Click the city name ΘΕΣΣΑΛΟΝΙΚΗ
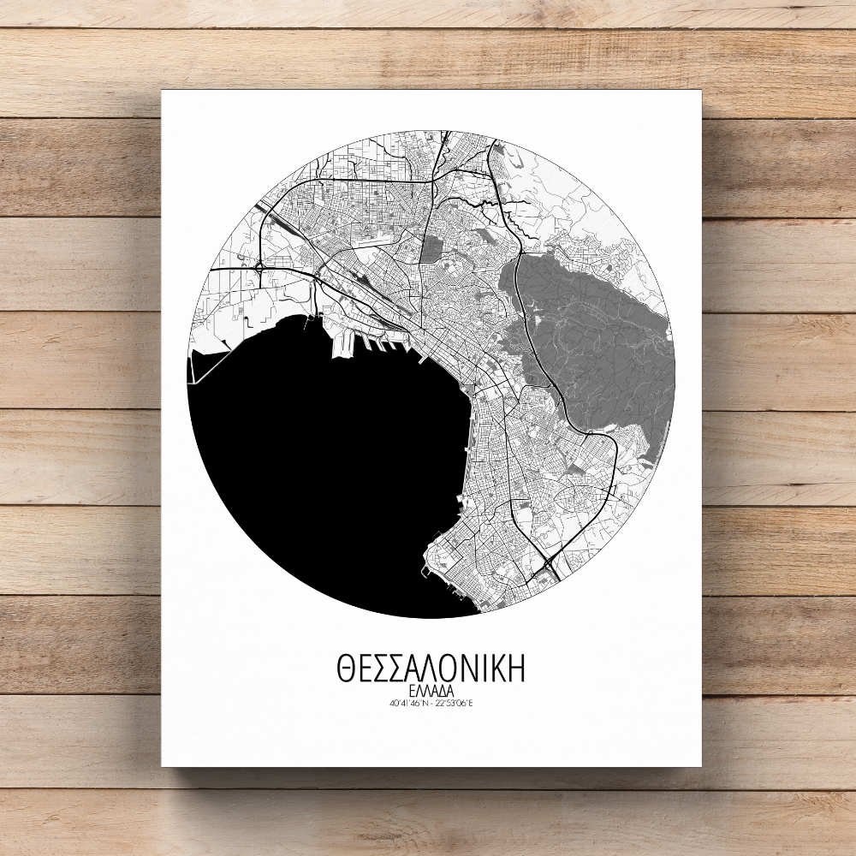(x=431, y=669)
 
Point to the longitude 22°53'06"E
(x=455, y=704)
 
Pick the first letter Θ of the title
(x=347, y=669)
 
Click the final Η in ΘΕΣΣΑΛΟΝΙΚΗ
(x=514, y=669)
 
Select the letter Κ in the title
(x=496, y=669)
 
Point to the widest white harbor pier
(x=342, y=343)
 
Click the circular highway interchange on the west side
(x=258, y=268)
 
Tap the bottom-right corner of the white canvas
(x=701, y=765)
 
